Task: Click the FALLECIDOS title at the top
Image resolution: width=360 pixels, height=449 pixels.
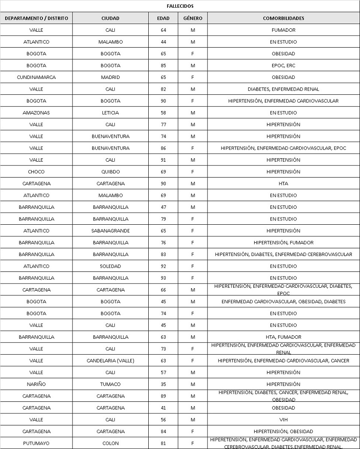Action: pyautogui.click(x=180, y=6)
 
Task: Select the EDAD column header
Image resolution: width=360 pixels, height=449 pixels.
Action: pyautogui.click(x=163, y=18)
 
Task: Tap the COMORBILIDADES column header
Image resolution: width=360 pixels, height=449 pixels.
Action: pyautogui.click(x=283, y=18)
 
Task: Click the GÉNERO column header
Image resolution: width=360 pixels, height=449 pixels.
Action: pyautogui.click(x=193, y=18)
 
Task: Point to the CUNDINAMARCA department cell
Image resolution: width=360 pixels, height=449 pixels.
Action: pyautogui.click(x=36, y=77)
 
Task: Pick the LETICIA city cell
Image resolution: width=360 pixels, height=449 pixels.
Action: pyautogui.click(x=111, y=113)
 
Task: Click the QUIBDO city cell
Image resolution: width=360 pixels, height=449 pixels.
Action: pyautogui.click(x=111, y=172)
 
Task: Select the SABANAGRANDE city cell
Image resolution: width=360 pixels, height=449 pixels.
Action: pyautogui.click(x=111, y=231)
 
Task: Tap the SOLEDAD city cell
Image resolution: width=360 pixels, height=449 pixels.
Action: pyautogui.click(x=111, y=266)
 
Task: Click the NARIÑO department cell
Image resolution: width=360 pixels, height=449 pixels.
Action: pyautogui.click(x=36, y=384)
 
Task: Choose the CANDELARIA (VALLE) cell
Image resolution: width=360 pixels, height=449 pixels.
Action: pyautogui.click(x=111, y=361)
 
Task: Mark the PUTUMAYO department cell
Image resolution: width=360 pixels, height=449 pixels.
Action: pyautogui.click(x=36, y=443)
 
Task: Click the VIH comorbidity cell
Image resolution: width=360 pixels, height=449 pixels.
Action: pyautogui.click(x=283, y=419)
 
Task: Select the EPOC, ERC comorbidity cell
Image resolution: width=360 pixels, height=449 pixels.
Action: pyautogui.click(x=283, y=66)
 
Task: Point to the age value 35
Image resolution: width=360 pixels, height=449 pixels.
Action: pyautogui.click(x=163, y=384)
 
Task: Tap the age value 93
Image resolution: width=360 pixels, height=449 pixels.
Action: pyautogui.click(x=163, y=278)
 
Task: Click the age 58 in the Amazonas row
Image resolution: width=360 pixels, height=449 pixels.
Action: pyautogui.click(x=163, y=113)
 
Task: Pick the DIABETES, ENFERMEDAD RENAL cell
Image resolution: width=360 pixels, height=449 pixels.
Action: pyautogui.click(x=283, y=89)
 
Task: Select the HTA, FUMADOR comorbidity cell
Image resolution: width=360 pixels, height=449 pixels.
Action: pyautogui.click(x=283, y=337)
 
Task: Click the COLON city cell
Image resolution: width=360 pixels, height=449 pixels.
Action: pyautogui.click(x=111, y=443)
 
